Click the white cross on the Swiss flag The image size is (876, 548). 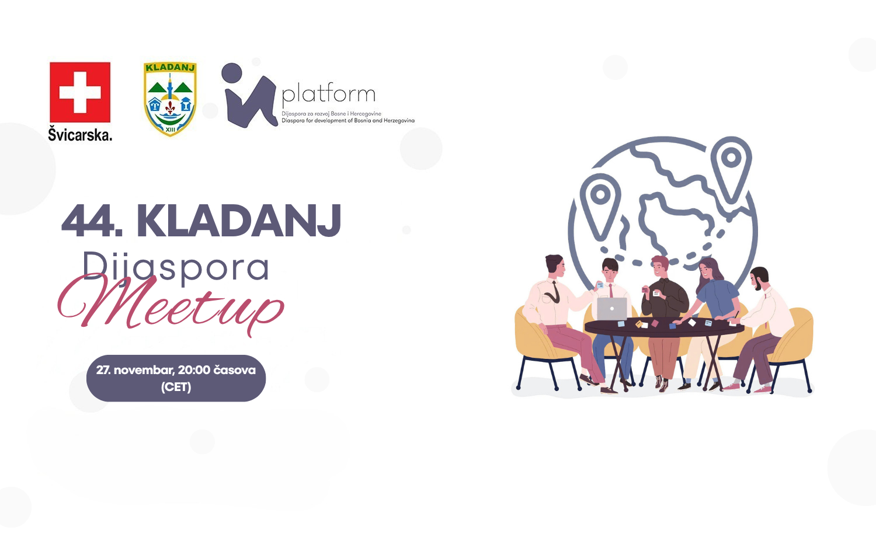point(80,93)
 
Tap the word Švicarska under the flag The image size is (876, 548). point(80,134)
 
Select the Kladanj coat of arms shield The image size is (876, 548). point(170,99)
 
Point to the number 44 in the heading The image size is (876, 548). point(89,221)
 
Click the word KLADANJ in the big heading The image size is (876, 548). point(238,221)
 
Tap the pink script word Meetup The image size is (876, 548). point(171,305)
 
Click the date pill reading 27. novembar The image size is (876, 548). point(176,378)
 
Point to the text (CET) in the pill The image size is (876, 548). point(176,387)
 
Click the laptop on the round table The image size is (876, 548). point(611,309)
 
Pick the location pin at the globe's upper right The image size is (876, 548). point(731,168)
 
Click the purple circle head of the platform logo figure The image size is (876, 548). point(232,73)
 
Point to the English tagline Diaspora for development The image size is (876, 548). point(348,121)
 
